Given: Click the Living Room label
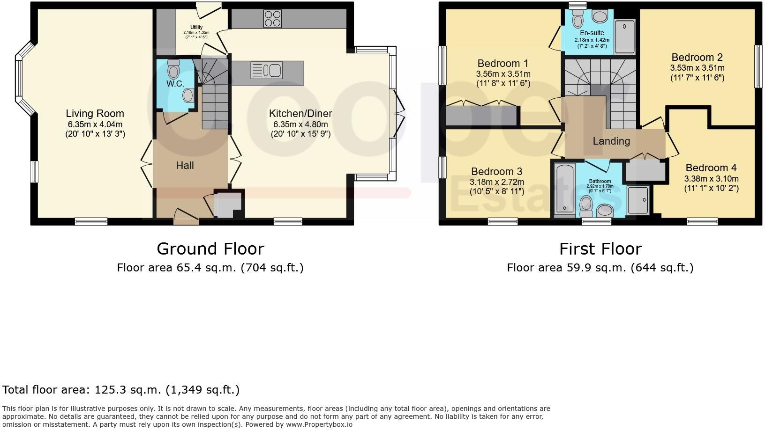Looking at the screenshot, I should point(95,113).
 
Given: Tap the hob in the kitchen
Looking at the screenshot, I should point(272,18).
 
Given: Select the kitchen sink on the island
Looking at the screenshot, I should point(266,71).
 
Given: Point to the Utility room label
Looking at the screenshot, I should point(196,27).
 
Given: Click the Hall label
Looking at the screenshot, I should point(185,165).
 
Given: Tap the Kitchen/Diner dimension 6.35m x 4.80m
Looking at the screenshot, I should point(300,124).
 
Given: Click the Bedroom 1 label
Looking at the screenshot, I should point(502,63).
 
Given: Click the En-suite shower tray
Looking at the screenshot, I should point(624,37).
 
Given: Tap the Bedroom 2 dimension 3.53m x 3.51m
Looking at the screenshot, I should point(697,68).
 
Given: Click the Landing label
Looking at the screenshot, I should point(611,141).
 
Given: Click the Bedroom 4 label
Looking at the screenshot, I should point(711,168).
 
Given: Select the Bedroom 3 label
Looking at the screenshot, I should point(496,171).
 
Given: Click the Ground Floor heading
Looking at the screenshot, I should point(210,248).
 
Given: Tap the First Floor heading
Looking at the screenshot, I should point(600,248).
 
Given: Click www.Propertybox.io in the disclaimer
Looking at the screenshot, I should point(319,424).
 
